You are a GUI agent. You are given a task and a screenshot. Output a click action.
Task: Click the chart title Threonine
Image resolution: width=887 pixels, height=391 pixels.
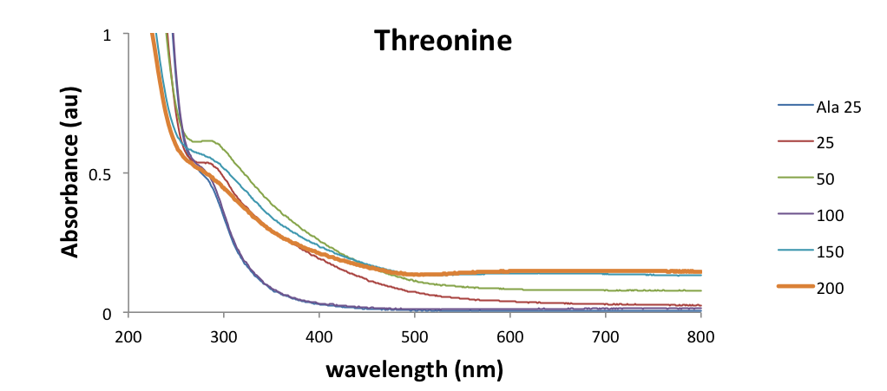click(443, 41)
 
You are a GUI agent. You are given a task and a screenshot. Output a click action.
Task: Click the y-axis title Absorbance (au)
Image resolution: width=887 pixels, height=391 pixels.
click(71, 173)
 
